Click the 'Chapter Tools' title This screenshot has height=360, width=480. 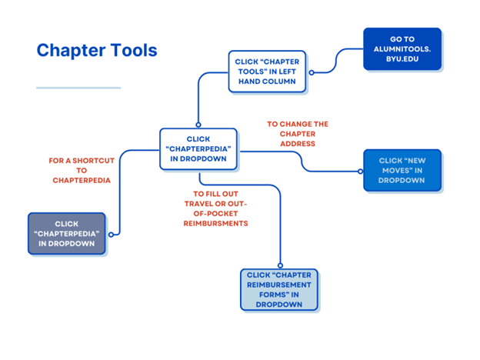pos(97,51)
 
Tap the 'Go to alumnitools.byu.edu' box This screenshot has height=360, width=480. pos(402,48)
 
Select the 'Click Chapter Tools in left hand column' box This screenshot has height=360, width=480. pos(267,72)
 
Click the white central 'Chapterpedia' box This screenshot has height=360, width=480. pos(198,148)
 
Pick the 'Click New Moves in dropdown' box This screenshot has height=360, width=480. pos(402,170)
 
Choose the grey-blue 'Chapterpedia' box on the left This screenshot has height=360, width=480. pos(66,234)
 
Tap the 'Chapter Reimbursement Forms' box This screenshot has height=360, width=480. pos(278,289)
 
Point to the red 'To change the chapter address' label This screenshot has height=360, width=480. pos(297,133)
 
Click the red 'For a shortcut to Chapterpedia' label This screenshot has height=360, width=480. pos(82,170)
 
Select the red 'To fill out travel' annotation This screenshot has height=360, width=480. pos(221,208)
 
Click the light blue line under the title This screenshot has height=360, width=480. pos(78,88)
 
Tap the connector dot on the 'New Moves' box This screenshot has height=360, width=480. pos(362,171)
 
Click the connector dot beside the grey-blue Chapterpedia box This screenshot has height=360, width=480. pos(112,234)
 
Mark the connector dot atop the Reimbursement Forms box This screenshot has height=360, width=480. pos(280,266)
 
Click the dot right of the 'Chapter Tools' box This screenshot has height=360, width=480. pos(310,72)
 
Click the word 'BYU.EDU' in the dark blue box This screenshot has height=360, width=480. pos(402,57)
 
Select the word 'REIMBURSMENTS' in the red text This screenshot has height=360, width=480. pos(221,223)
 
